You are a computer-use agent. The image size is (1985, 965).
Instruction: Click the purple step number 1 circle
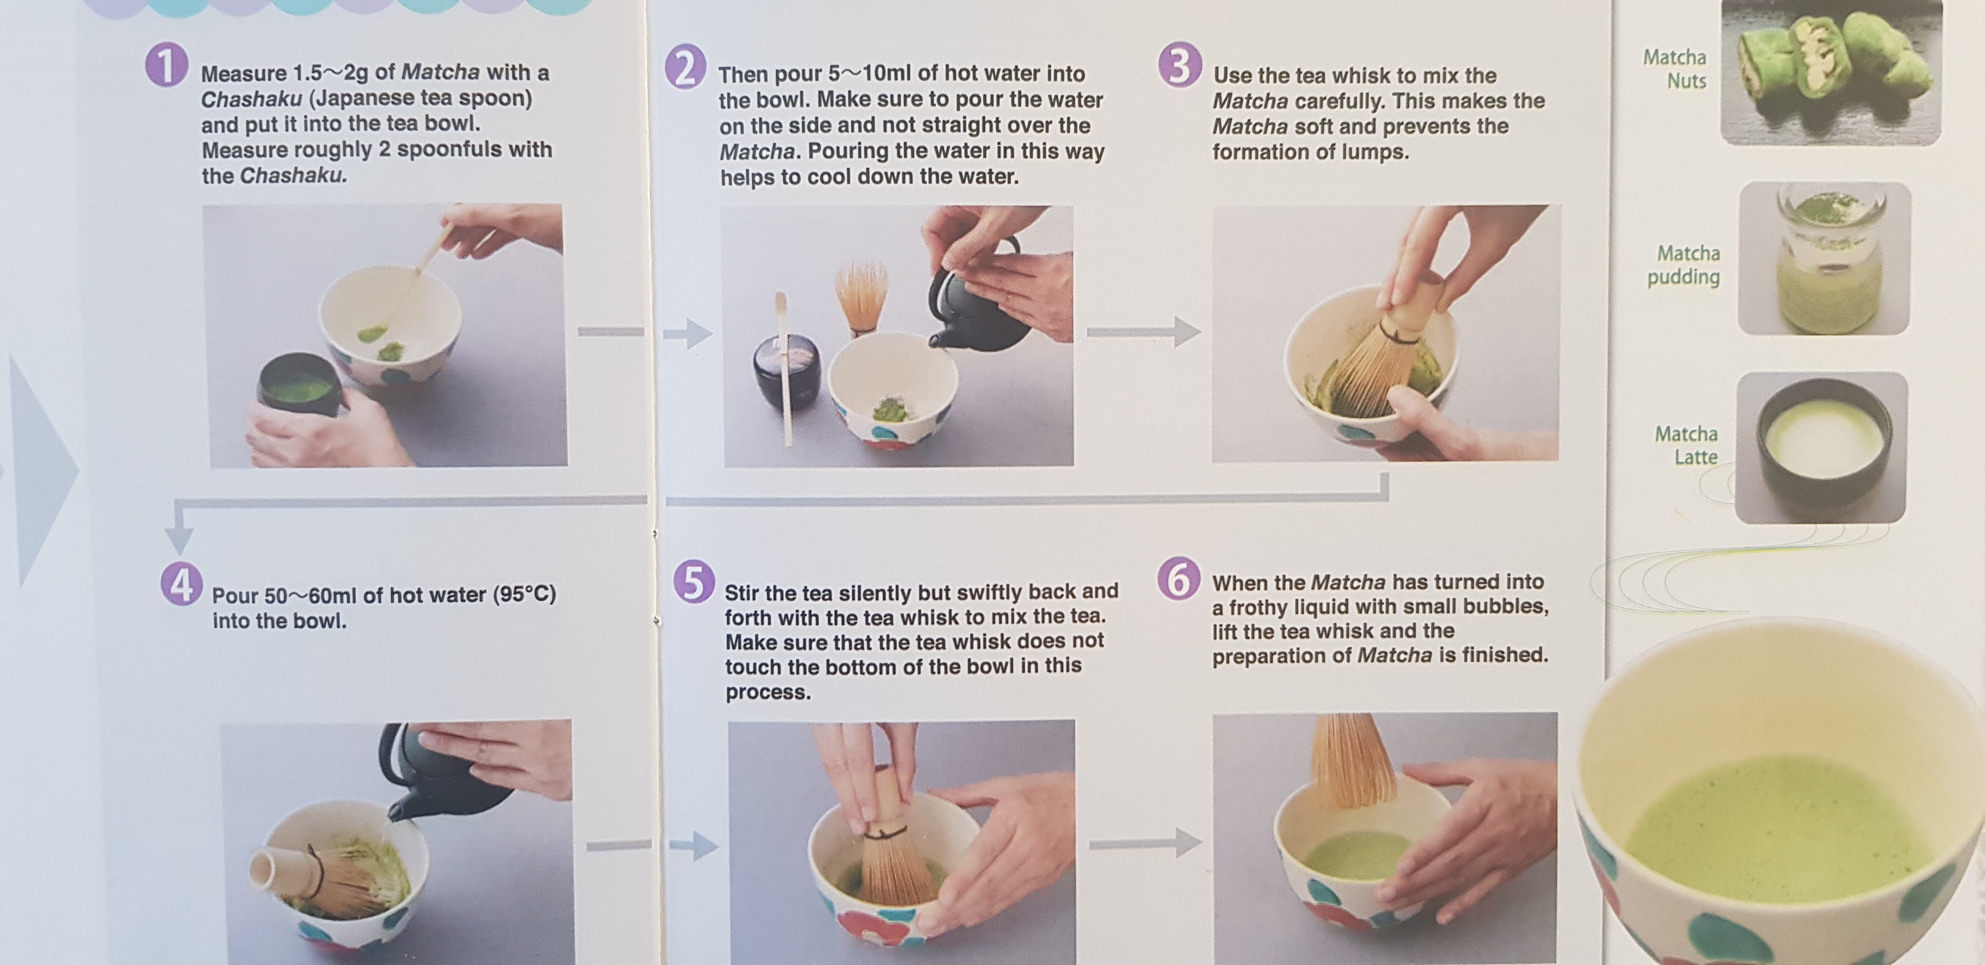pos(166,65)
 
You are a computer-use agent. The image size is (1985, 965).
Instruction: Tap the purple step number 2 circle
pos(685,66)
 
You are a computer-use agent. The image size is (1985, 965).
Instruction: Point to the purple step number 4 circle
pos(182,585)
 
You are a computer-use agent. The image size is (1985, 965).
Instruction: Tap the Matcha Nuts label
pos(1675,68)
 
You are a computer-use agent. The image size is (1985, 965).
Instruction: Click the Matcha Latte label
pos(1686,446)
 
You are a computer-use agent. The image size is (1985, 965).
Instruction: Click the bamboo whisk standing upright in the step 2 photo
pos(862,299)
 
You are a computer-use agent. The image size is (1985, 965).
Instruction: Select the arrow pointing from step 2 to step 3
pos(1144,332)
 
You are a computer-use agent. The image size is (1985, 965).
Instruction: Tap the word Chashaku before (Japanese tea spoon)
pos(251,98)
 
